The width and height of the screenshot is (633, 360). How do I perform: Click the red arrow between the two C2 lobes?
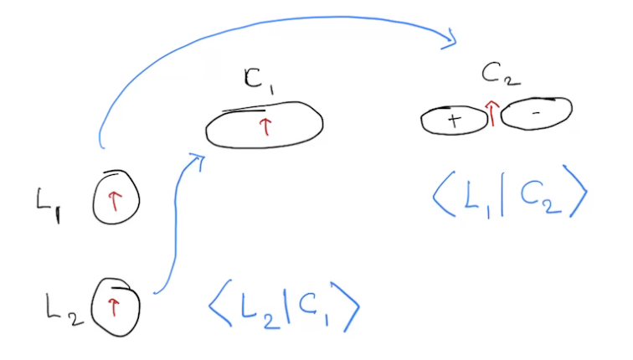pyautogui.click(x=492, y=112)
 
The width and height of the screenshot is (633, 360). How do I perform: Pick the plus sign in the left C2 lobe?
pyautogui.click(x=454, y=121)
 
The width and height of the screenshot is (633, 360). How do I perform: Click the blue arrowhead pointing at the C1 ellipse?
pyautogui.click(x=198, y=159)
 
